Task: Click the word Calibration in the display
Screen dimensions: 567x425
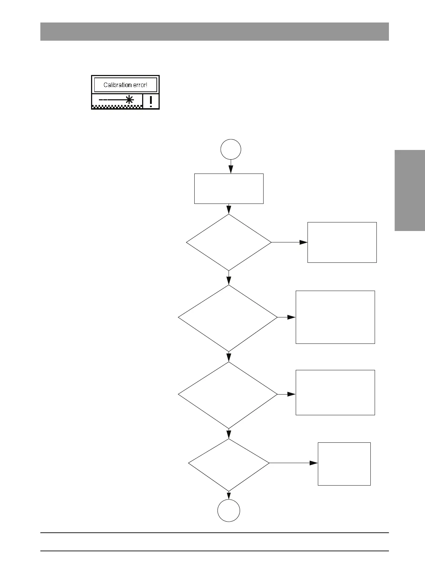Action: (x=117, y=85)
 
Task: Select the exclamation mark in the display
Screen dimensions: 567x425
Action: (x=151, y=101)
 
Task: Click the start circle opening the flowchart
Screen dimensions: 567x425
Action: (x=231, y=149)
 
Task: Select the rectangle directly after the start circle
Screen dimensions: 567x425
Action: (x=229, y=189)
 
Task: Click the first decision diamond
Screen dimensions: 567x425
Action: (x=229, y=242)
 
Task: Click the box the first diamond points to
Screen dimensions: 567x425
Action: (x=342, y=242)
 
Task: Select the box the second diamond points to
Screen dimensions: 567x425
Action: (x=335, y=317)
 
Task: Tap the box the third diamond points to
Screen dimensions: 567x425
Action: (x=335, y=392)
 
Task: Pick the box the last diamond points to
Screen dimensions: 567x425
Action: (x=344, y=464)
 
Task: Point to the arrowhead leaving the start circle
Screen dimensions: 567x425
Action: (x=231, y=171)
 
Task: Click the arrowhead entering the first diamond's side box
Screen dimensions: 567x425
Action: (x=304, y=242)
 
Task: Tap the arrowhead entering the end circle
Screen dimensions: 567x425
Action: (x=229, y=497)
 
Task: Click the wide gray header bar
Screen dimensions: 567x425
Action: (x=214, y=31)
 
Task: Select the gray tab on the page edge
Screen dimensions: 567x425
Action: (x=410, y=191)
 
